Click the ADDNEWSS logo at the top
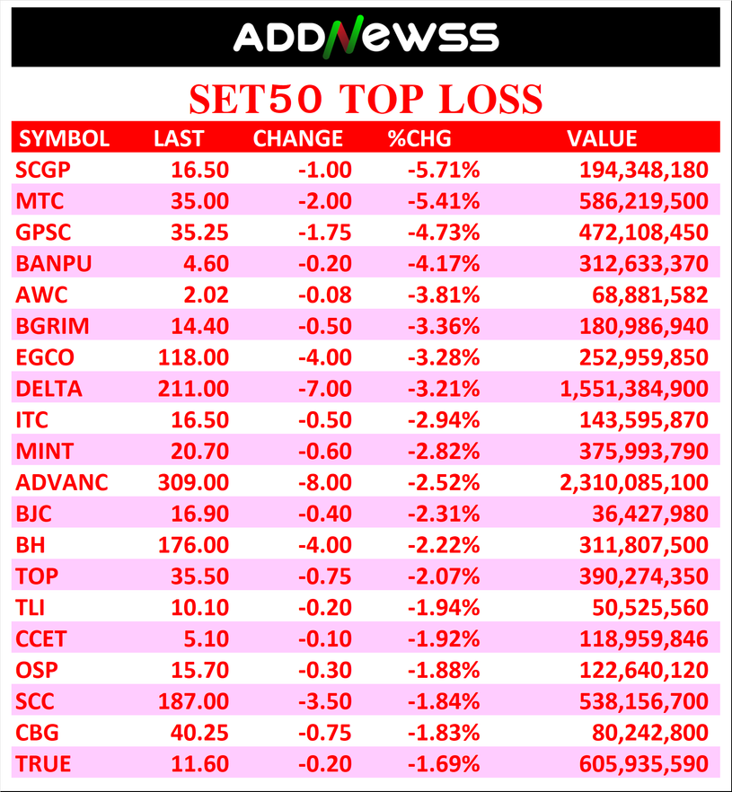(x=366, y=37)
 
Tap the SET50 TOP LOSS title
(x=366, y=98)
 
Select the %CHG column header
(x=419, y=139)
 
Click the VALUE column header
(x=602, y=139)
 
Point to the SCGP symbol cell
(x=43, y=170)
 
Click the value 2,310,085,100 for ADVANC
(x=633, y=482)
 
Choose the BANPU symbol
(x=54, y=264)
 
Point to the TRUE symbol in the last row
(x=43, y=764)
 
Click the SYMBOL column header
(x=65, y=139)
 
